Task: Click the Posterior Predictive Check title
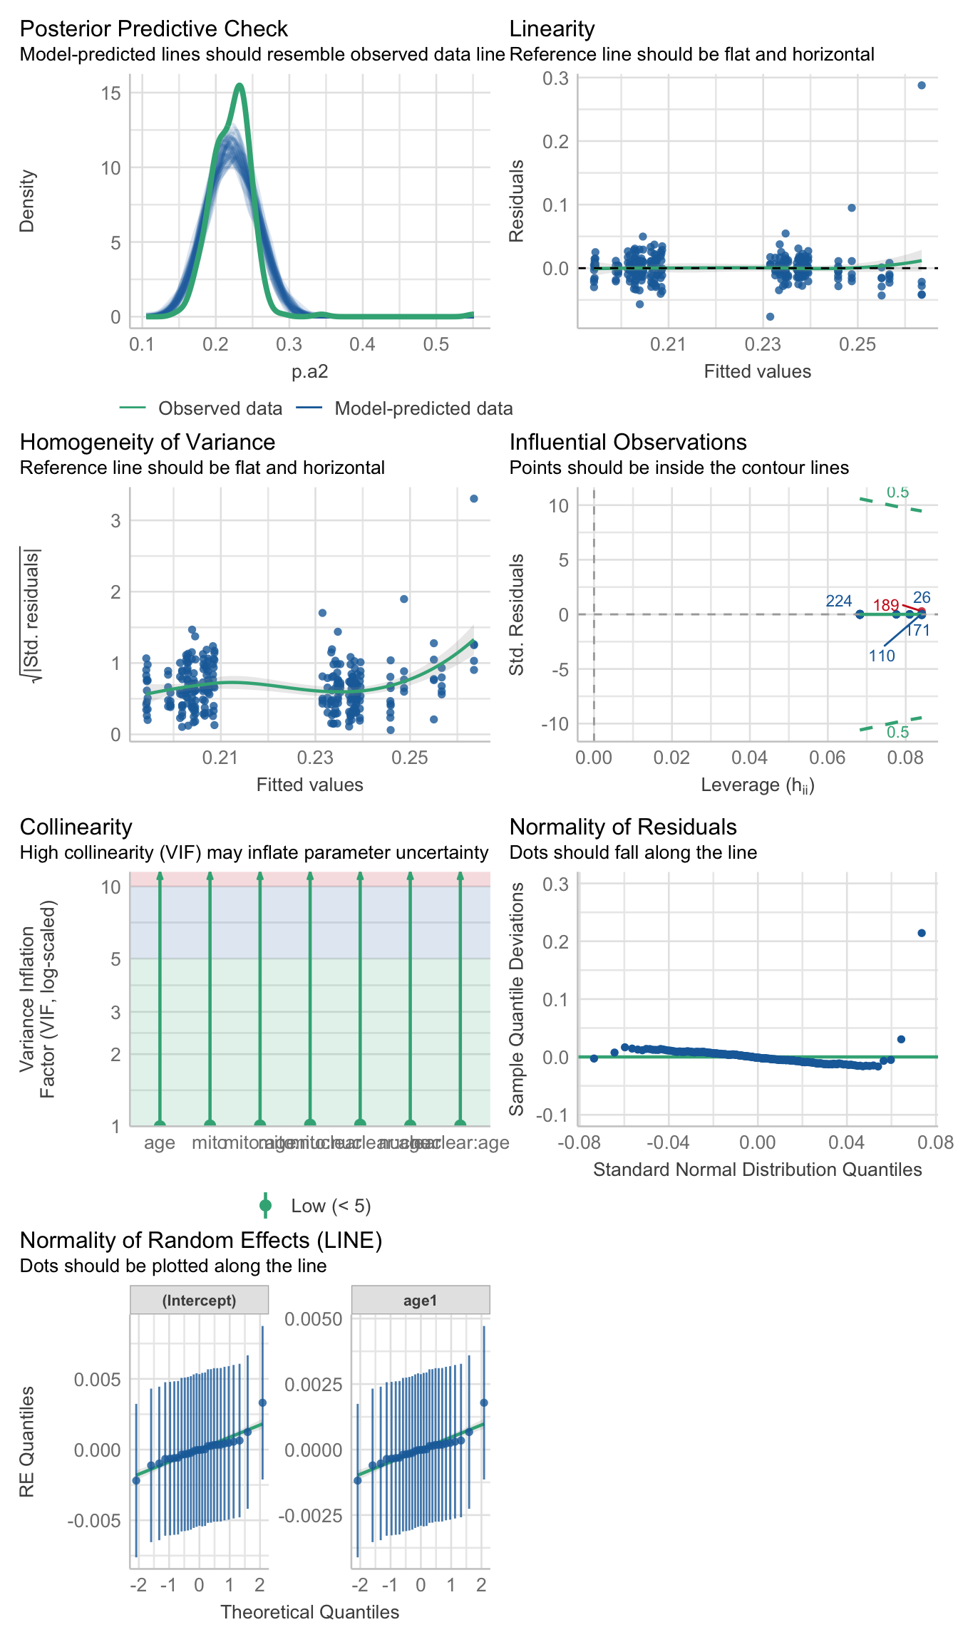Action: (x=153, y=29)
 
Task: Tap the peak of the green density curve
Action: (x=239, y=86)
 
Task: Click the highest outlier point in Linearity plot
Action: (x=922, y=86)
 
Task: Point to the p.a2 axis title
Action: (x=309, y=371)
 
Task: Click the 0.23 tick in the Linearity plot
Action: (x=763, y=345)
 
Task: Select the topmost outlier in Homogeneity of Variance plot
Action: (x=474, y=499)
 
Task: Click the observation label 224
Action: (x=838, y=601)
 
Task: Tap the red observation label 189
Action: (x=886, y=606)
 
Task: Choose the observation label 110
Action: (x=882, y=656)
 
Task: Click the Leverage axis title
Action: (x=758, y=785)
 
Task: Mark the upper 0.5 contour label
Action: (x=898, y=492)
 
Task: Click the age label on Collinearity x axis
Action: (x=160, y=1143)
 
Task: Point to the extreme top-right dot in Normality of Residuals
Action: (x=922, y=933)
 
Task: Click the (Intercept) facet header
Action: (x=199, y=1301)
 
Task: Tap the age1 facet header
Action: (x=420, y=1301)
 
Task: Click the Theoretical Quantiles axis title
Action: (x=309, y=1612)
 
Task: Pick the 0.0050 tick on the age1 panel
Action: (x=313, y=1319)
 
